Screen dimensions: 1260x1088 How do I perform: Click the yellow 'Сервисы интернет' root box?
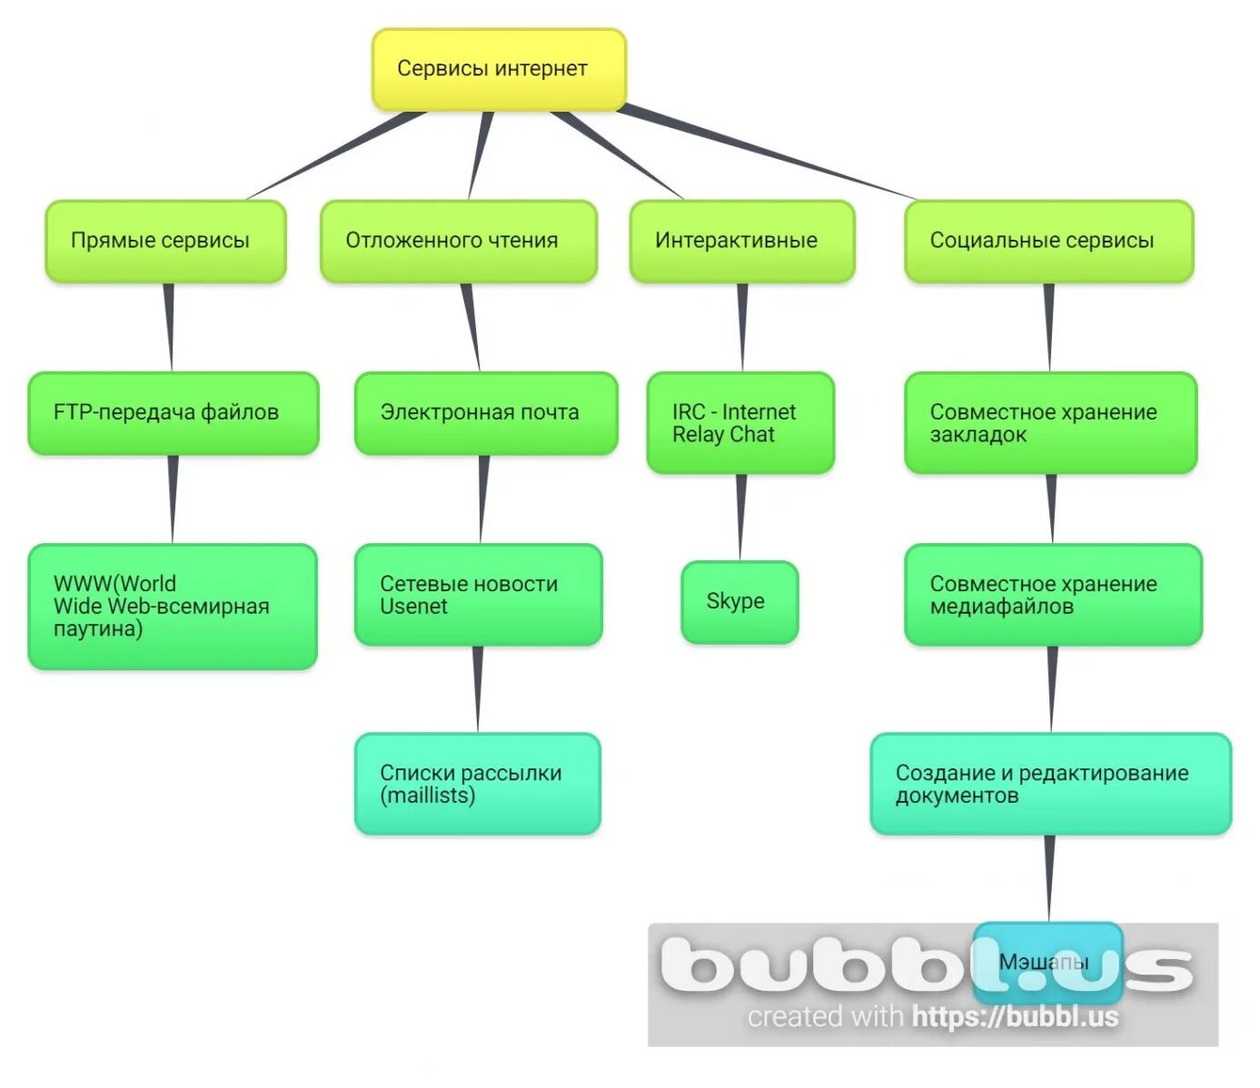[499, 69]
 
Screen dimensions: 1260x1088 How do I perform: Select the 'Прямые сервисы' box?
[165, 241]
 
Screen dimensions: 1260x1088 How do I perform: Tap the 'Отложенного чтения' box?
[458, 241]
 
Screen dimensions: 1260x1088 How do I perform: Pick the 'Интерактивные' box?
[741, 241]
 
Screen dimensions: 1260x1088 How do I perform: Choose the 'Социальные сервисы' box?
[1047, 241]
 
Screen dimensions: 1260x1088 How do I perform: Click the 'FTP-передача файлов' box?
[173, 412]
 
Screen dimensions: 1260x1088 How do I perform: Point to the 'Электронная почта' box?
[485, 412]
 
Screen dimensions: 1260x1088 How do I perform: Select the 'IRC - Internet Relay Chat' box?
[739, 422]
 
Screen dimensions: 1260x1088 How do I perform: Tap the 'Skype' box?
[739, 601]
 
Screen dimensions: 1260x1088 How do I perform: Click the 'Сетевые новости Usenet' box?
[478, 595]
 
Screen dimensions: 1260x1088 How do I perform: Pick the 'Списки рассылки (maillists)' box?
[477, 784]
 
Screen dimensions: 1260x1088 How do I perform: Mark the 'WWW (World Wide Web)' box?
[173, 606]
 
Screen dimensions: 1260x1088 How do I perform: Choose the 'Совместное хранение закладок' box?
[1049, 422]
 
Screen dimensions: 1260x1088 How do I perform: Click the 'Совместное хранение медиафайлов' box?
[1052, 595]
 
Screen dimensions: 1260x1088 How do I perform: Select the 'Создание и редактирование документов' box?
[1049, 784]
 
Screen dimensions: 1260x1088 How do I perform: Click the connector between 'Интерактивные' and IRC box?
[742, 327]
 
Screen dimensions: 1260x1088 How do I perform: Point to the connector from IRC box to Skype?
[740, 517]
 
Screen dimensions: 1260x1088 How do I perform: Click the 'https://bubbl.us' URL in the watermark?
[1015, 1017]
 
